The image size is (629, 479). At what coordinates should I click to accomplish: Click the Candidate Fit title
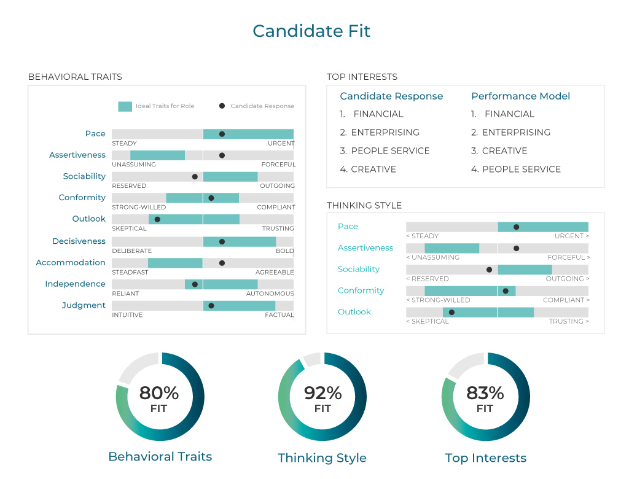[x=311, y=31]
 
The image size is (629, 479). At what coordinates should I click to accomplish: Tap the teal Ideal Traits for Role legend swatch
[x=125, y=106]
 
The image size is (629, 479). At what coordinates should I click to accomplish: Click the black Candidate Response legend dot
[x=222, y=106]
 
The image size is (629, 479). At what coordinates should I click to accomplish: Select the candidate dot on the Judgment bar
[x=211, y=306]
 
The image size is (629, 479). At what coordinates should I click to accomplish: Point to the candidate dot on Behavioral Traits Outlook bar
[x=157, y=219]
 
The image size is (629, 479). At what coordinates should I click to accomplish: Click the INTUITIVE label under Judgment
[x=127, y=315]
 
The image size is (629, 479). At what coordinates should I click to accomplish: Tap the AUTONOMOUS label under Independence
[x=270, y=294]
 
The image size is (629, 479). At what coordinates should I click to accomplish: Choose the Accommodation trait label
[x=71, y=263]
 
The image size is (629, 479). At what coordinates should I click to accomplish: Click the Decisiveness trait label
[x=79, y=241]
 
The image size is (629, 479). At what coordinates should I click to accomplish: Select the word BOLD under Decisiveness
[x=284, y=251]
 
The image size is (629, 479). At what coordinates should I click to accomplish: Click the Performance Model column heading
[x=520, y=96]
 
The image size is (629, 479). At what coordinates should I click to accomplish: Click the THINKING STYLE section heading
[x=364, y=206]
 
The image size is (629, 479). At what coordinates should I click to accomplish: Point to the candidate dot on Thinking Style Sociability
[x=489, y=270]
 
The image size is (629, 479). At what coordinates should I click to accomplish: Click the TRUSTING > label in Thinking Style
[x=568, y=321]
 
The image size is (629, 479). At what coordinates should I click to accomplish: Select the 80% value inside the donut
[x=158, y=393]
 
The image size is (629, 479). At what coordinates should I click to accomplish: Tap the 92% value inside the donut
[x=322, y=393]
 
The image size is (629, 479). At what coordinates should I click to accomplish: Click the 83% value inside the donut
[x=485, y=393]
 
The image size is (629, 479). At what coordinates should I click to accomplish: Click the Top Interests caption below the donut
[x=485, y=458]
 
